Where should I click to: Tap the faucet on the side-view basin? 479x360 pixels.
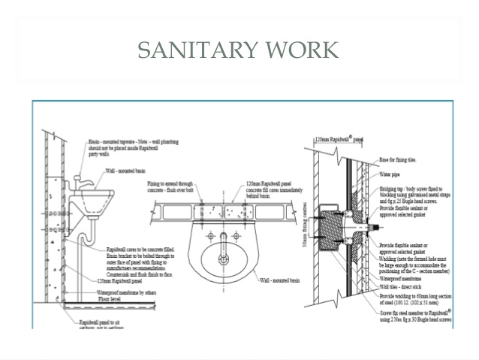click(x=80, y=182)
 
